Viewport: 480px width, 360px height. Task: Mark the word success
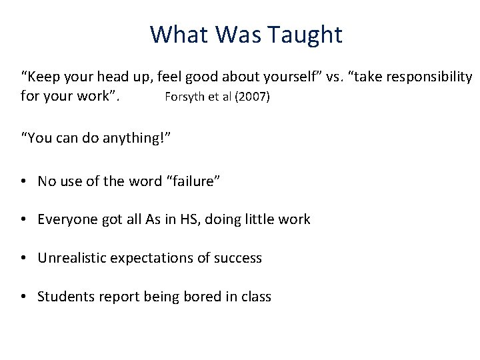(238, 258)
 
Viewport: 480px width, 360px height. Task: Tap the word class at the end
(255, 297)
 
